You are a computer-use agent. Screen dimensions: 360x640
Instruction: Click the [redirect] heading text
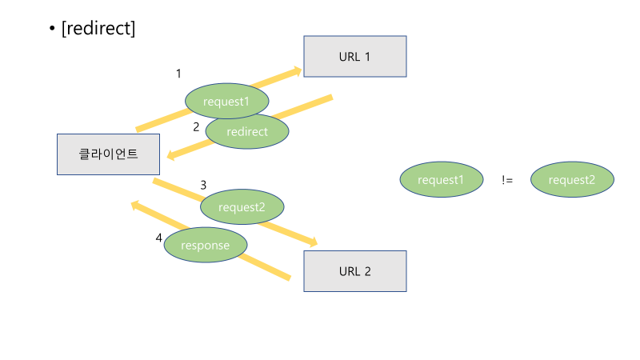click(98, 29)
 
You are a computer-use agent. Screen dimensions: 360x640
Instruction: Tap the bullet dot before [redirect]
click(52, 30)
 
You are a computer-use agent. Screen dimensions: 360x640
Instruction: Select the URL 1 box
click(355, 57)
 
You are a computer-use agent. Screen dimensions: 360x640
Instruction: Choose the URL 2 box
click(355, 271)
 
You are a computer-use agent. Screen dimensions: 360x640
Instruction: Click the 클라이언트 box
click(108, 154)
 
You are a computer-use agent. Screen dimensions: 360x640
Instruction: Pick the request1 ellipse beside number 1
click(227, 102)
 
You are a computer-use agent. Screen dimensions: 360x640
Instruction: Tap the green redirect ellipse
click(247, 131)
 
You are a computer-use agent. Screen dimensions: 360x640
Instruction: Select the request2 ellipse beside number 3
click(242, 208)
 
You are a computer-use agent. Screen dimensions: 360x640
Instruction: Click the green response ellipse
click(206, 246)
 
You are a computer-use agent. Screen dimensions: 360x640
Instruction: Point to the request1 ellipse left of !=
click(442, 180)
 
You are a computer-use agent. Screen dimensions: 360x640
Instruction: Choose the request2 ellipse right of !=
click(572, 180)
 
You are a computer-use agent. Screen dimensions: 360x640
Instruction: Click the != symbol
click(507, 180)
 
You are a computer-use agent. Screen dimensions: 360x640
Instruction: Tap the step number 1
click(178, 74)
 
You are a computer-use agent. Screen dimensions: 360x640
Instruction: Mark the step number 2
click(196, 126)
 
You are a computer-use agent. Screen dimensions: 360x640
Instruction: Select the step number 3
click(203, 185)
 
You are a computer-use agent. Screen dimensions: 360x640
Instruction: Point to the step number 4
click(159, 238)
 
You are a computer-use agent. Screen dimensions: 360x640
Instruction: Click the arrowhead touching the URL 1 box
click(298, 70)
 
